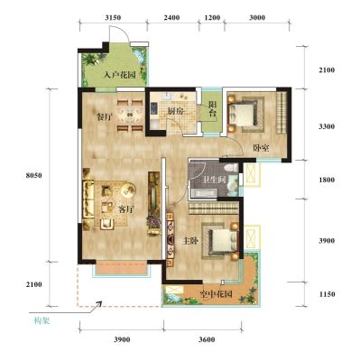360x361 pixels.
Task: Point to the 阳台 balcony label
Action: tap(213, 110)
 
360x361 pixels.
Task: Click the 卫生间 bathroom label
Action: tap(214, 180)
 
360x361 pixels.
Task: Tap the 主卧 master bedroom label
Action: tap(191, 241)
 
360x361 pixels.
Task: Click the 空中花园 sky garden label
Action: tap(217, 294)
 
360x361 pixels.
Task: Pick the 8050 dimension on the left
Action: tap(33, 176)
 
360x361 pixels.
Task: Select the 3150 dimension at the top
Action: tap(113, 17)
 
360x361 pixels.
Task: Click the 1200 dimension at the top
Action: tap(212, 17)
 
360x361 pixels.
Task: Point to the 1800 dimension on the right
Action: tap(327, 180)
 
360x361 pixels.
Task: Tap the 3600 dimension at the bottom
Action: tap(207, 339)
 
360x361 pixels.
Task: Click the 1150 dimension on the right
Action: tap(327, 294)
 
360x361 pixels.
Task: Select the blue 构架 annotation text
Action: tap(42, 321)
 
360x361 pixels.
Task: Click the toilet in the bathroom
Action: tap(231, 168)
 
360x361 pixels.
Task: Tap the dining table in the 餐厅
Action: tap(130, 115)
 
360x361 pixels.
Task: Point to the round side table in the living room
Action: tap(128, 190)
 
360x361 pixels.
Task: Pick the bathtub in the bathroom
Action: tap(202, 194)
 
